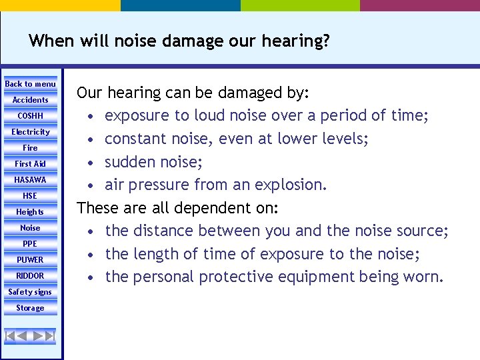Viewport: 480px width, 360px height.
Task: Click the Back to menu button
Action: [31, 84]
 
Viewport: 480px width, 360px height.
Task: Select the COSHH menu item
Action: [31, 116]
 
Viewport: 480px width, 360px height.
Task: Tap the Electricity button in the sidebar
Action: [31, 132]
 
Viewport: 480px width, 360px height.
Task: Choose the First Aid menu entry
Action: [31, 164]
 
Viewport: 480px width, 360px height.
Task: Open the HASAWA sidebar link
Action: [31, 180]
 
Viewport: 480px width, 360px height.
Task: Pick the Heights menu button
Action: [31, 212]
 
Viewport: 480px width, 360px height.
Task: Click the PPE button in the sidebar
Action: [31, 244]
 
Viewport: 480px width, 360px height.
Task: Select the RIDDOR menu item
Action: [31, 276]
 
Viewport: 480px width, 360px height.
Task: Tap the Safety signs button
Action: [31, 292]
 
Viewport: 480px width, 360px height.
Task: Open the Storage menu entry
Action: [31, 308]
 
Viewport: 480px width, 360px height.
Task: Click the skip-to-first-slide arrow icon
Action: [10, 335]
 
